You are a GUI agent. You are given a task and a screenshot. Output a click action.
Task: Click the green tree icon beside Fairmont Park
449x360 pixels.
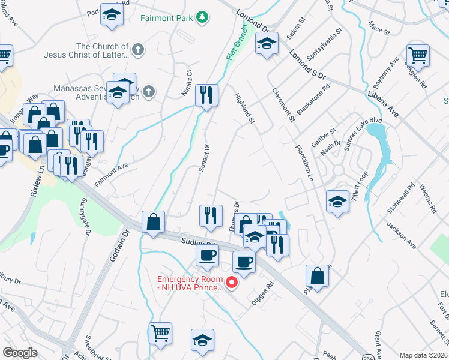coord(203,17)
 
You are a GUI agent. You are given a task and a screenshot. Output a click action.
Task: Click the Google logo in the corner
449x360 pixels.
coord(20,352)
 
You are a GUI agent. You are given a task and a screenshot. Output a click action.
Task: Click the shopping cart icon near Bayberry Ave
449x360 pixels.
coord(418,55)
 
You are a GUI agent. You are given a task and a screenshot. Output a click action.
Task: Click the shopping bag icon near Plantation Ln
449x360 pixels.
coord(317,275)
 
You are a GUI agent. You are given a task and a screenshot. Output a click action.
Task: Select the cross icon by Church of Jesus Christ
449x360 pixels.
coord(138,50)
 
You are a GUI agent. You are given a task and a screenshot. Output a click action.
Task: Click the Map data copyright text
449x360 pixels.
coord(424,355)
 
